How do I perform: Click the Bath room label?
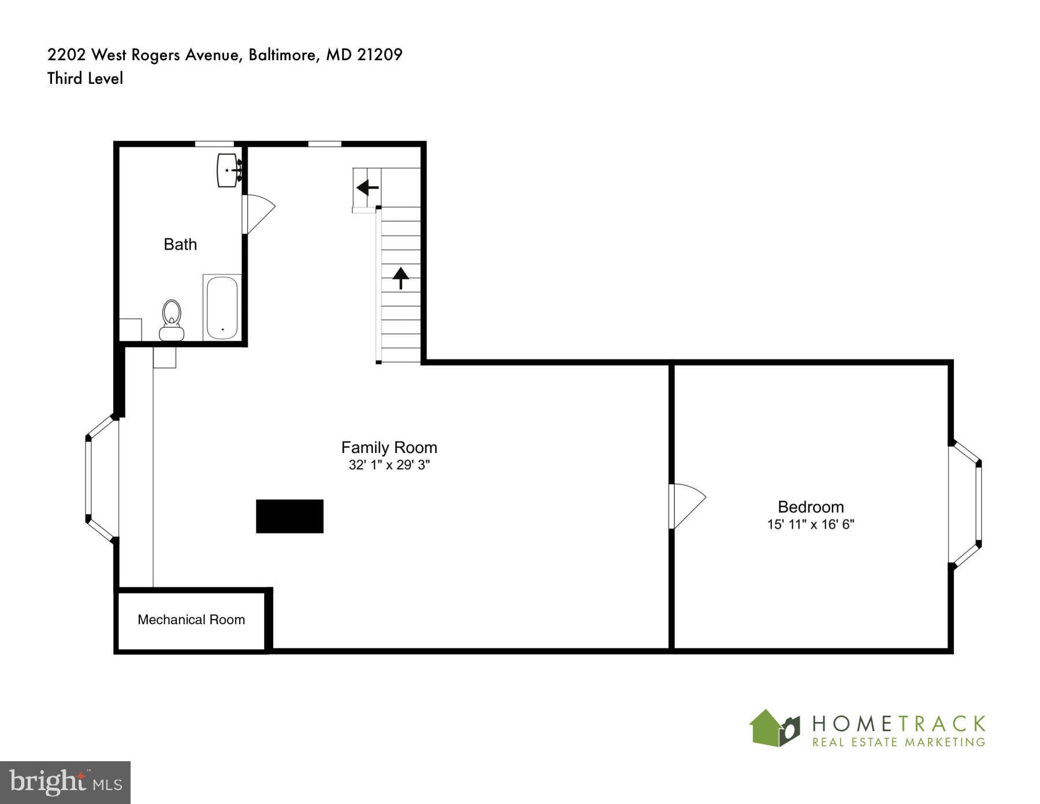pyautogui.click(x=180, y=244)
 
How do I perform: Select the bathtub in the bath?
pyautogui.click(x=222, y=308)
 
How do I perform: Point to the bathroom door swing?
pyautogui.click(x=259, y=213)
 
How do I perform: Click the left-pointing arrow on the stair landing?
pyautogui.click(x=367, y=187)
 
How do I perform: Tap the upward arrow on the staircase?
pyautogui.click(x=400, y=277)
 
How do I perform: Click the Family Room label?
pyautogui.click(x=389, y=447)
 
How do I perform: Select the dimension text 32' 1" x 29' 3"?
pyautogui.click(x=389, y=465)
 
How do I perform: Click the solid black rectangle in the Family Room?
pyautogui.click(x=289, y=516)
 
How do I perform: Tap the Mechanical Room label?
pyautogui.click(x=191, y=620)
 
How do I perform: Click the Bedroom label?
pyautogui.click(x=811, y=507)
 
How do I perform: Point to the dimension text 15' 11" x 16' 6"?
pyautogui.click(x=811, y=524)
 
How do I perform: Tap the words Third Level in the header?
pyautogui.click(x=85, y=78)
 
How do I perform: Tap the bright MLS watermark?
pyautogui.click(x=65, y=783)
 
